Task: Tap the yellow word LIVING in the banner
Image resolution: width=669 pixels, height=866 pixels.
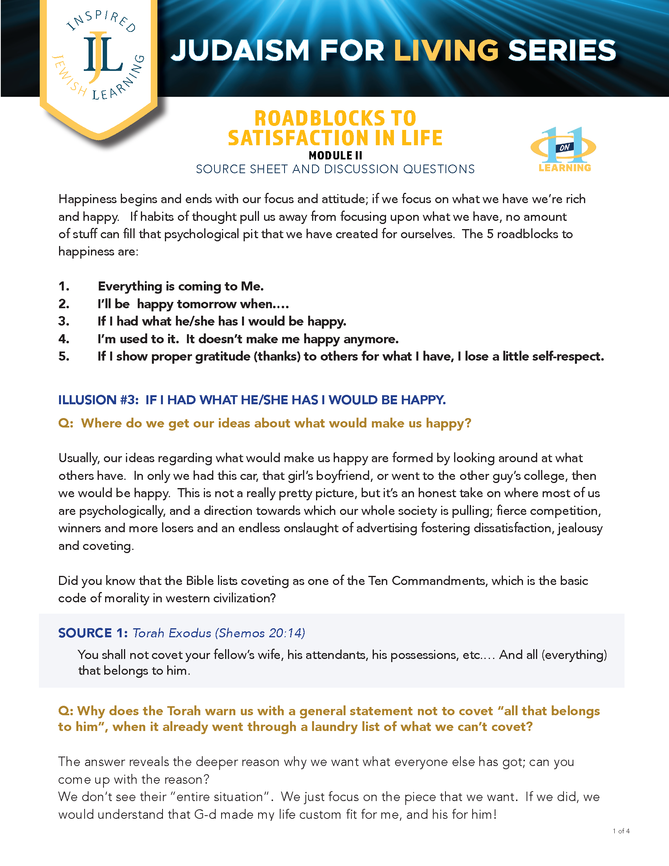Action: coord(446,51)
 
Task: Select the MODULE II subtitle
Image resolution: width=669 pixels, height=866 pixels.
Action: coord(335,155)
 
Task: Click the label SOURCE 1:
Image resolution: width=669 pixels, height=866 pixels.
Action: coord(93,633)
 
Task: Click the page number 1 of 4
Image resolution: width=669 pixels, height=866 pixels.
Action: coord(621,831)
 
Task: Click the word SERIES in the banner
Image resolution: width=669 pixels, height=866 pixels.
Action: coord(562,51)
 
